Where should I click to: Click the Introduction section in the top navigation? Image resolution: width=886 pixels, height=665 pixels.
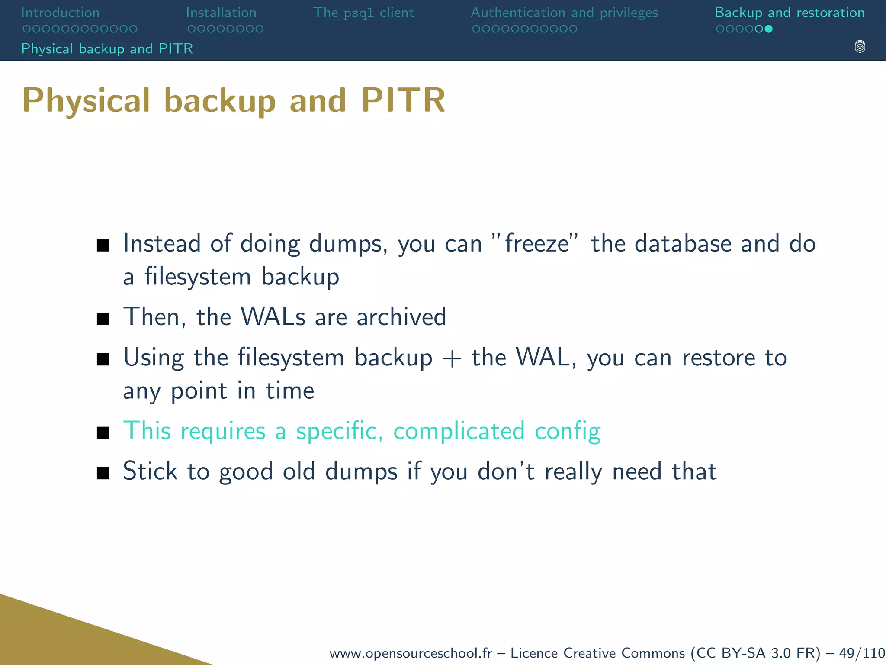60,13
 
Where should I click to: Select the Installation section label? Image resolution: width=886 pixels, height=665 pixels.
221,13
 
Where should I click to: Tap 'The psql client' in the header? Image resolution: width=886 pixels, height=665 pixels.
363,13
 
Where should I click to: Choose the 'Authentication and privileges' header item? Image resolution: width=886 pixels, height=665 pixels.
564,13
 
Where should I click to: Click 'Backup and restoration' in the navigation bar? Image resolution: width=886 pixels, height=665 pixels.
790,13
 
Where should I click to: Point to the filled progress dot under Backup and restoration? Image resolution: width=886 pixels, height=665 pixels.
769,29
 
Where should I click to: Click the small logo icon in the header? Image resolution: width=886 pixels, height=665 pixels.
860,47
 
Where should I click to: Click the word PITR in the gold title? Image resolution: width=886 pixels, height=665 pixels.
403,100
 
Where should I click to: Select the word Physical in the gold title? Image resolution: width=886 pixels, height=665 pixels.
86,100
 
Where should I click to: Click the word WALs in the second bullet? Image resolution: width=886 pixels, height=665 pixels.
273,316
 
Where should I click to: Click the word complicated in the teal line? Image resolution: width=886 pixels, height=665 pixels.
459,431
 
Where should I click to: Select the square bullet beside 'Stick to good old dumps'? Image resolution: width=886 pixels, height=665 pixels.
103,473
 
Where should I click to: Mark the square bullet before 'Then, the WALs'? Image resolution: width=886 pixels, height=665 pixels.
103,319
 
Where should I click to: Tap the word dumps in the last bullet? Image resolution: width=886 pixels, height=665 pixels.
361,471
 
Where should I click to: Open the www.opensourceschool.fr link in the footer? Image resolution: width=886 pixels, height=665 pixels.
411,652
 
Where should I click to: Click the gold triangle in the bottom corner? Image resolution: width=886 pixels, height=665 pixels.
65,636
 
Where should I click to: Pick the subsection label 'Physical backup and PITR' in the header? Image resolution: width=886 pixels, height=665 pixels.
107,48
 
